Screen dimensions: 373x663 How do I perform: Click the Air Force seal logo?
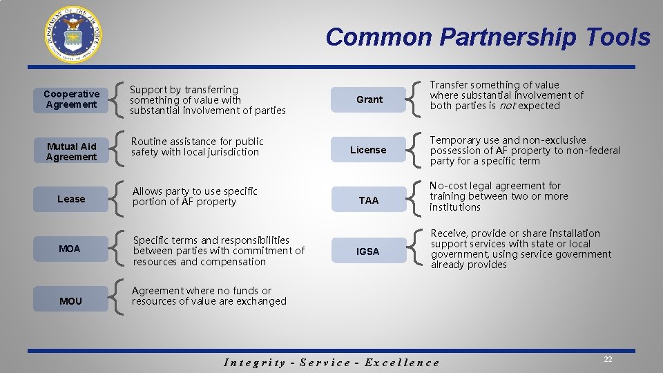click(x=74, y=35)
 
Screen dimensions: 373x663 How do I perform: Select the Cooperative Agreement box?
click(x=71, y=99)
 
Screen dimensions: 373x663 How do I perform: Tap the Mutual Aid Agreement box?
click(x=71, y=151)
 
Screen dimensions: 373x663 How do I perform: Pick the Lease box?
click(x=71, y=199)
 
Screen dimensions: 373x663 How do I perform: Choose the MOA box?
click(x=70, y=249)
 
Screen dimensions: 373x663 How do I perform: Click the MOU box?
click(x=70, y=301)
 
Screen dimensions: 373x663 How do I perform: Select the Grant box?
click(x=369, y=99)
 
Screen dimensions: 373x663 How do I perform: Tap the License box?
click(x=368, y=150)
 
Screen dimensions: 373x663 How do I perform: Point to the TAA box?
click(x=369, y=200)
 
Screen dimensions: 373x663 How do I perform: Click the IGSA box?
click(x=368, y=251)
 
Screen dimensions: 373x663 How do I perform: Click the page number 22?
click(x=608, y=359)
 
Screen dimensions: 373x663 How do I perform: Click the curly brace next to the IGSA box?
click(x=414, y=249)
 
